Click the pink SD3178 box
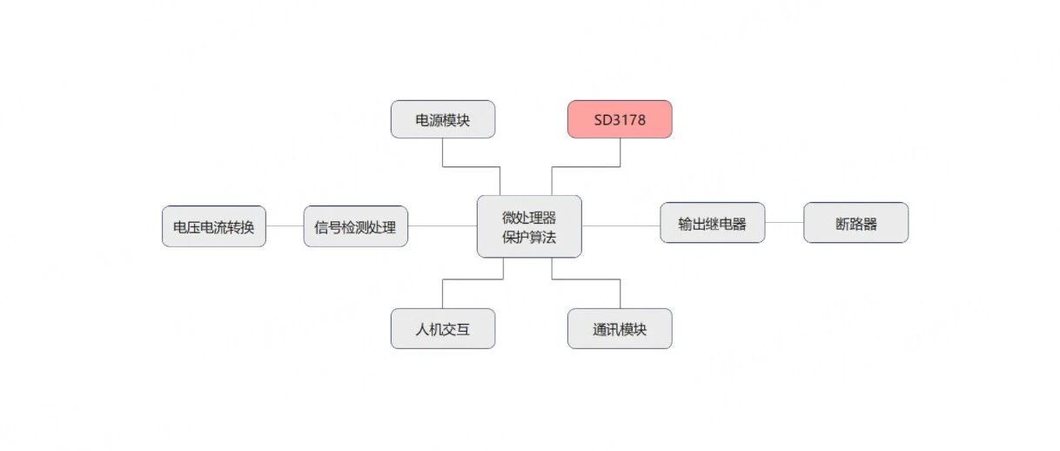click(620, 119)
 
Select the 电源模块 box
click(443, 119)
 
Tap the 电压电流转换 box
click(214, 226)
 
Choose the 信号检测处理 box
click(355, 226)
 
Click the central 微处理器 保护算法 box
click(529, 226)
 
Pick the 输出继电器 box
click(712, 222)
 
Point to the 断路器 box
click(855, 222)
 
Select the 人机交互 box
click(443, 328)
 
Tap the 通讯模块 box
click(620, 328)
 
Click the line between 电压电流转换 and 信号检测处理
click(285, 225)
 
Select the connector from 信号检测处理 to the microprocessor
click(442, 225)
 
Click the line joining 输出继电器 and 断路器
click(784, 222)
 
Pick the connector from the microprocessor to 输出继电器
click(621, 225)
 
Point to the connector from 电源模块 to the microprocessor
click(472, 166)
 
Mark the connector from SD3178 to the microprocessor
click(586, 166)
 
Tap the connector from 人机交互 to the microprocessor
click(473, 279)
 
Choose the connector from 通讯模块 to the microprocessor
click(586, 279)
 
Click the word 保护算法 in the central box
click(529, 237)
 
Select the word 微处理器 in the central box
click(529, 218)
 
